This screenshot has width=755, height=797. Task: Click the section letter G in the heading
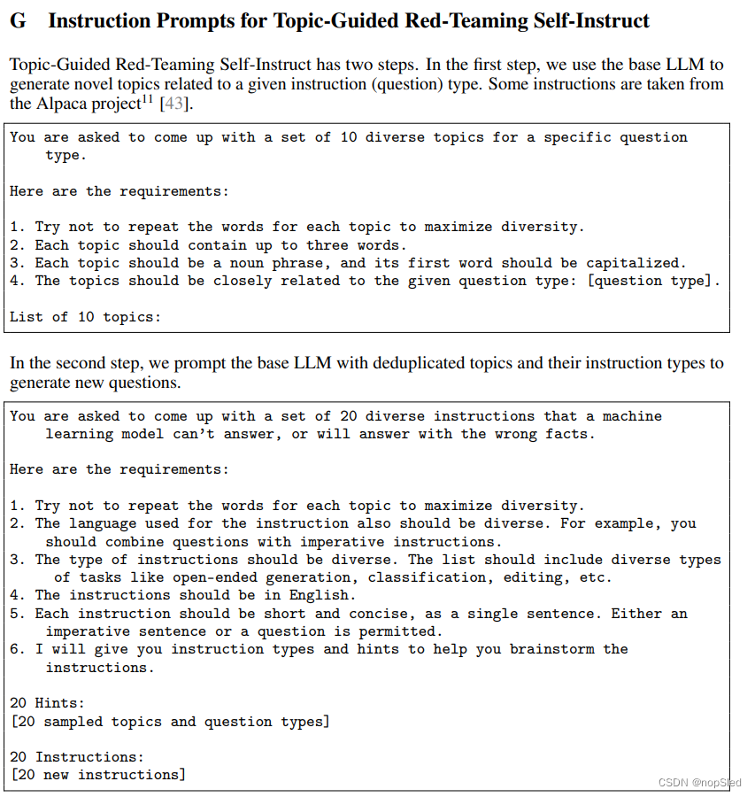[x=18, y=20]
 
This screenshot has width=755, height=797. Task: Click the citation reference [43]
[x=174, y=104]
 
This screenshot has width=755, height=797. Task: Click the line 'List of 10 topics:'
[x=86, y=316]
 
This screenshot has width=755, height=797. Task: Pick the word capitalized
[x=636, y=263]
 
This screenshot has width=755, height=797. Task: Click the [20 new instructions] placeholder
[x=98, y=775]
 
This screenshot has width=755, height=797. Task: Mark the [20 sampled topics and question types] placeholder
[x=170, y=722]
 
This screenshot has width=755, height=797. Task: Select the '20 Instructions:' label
[x=77, y=757]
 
